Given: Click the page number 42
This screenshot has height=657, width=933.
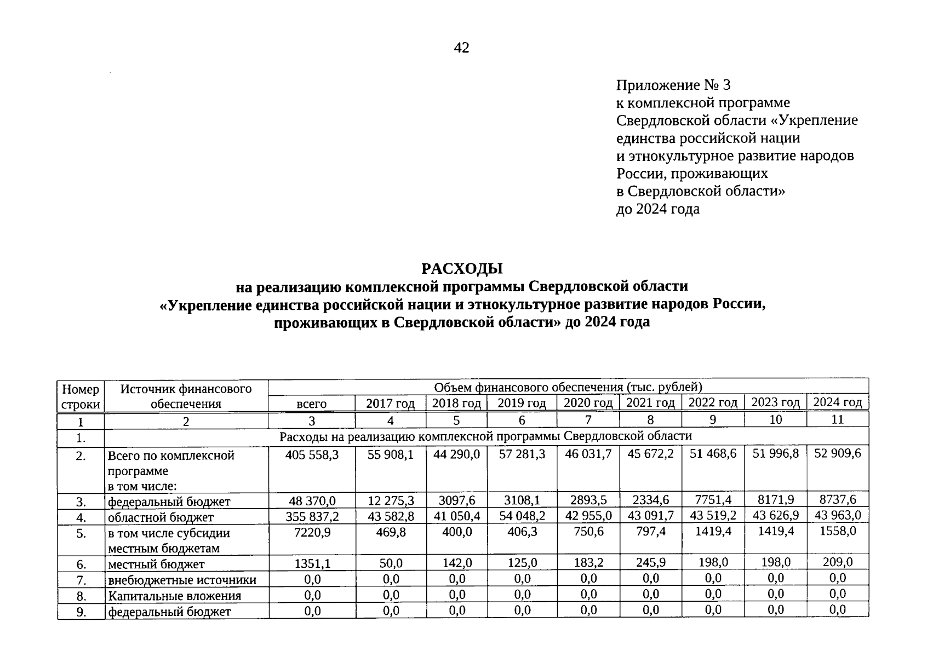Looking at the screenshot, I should click(x=461, y=48).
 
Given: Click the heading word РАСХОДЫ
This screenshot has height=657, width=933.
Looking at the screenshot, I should click(x=461, y=269).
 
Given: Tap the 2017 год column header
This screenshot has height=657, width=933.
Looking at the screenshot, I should click(x=390, y=404).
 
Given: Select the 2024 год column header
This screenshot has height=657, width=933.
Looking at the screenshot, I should click(x=837, y=402).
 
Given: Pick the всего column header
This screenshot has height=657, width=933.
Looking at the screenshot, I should click(x=311, y=404).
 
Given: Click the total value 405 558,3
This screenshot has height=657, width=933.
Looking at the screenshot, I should click(x=312, y=455).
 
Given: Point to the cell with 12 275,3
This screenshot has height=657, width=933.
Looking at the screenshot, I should click(x=390, y=500).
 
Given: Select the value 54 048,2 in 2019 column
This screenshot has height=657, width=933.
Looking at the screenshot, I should click(x=522, y=516).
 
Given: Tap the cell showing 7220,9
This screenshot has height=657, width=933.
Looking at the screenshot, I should click(x=312, y=532).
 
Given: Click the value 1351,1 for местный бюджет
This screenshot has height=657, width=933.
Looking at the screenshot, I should click(x=312, y=563).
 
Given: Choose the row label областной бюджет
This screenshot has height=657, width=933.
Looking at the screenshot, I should click(x=161, y=517).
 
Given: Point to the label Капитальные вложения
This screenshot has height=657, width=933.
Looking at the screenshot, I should click(x=174, y=596).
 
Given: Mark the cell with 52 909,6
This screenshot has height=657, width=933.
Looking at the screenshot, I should click(x=838, y=454).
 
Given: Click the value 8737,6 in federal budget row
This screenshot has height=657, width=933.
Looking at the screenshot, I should click(x=838, y=499).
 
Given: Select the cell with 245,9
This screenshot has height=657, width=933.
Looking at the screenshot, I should click(x=650, y=562).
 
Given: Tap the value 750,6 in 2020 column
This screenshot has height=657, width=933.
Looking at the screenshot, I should click(x=588, y=531).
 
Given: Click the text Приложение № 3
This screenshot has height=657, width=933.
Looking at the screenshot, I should click(x=673, y=85).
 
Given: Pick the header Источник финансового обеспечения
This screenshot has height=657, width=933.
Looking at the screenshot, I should click(x=186, y=396).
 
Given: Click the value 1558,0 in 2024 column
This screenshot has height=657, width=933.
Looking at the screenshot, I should click(x=838, y=531).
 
